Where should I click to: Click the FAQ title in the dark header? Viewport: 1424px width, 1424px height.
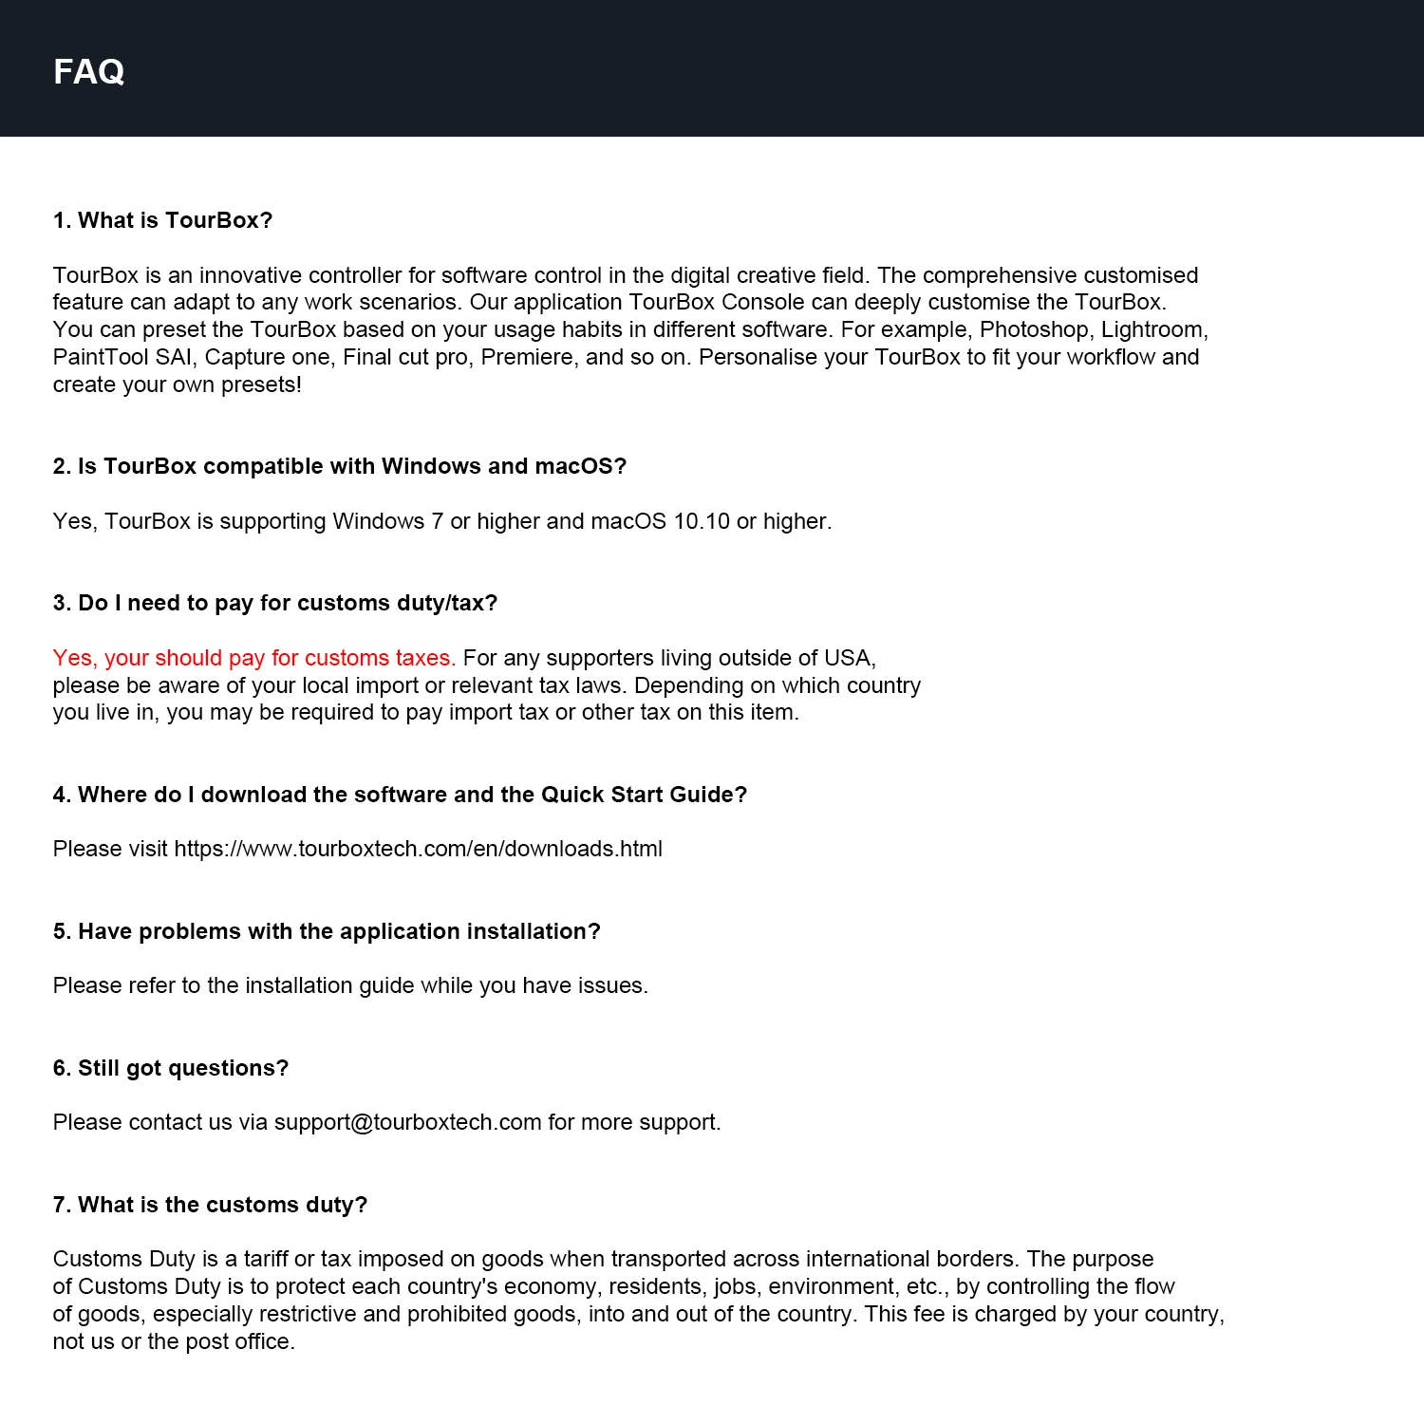click(88, 71)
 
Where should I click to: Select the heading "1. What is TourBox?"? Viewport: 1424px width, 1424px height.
click(162, 220)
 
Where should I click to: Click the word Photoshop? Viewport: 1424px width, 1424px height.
click(1034, 329)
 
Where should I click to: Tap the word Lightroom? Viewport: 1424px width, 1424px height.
click(1153, 329)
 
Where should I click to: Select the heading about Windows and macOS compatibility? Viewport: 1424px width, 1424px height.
click(340, 466)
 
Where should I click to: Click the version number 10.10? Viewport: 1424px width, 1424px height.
click(702, 521)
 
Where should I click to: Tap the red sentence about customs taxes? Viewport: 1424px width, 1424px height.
click(254, 658)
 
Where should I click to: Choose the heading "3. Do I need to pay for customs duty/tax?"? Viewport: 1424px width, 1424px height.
click(275, 603)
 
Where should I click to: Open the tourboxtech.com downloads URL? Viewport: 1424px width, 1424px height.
click(418, 849)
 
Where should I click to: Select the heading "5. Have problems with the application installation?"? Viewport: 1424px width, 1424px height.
click(327, 931)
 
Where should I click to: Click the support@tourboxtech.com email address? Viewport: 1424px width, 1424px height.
click(407, 1122)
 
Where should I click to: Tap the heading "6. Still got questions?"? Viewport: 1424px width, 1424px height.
click(171, 1068)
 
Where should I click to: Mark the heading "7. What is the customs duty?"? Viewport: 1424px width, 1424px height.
click(210, 1205)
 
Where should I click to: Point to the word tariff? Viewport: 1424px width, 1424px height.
click(266, 1259)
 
